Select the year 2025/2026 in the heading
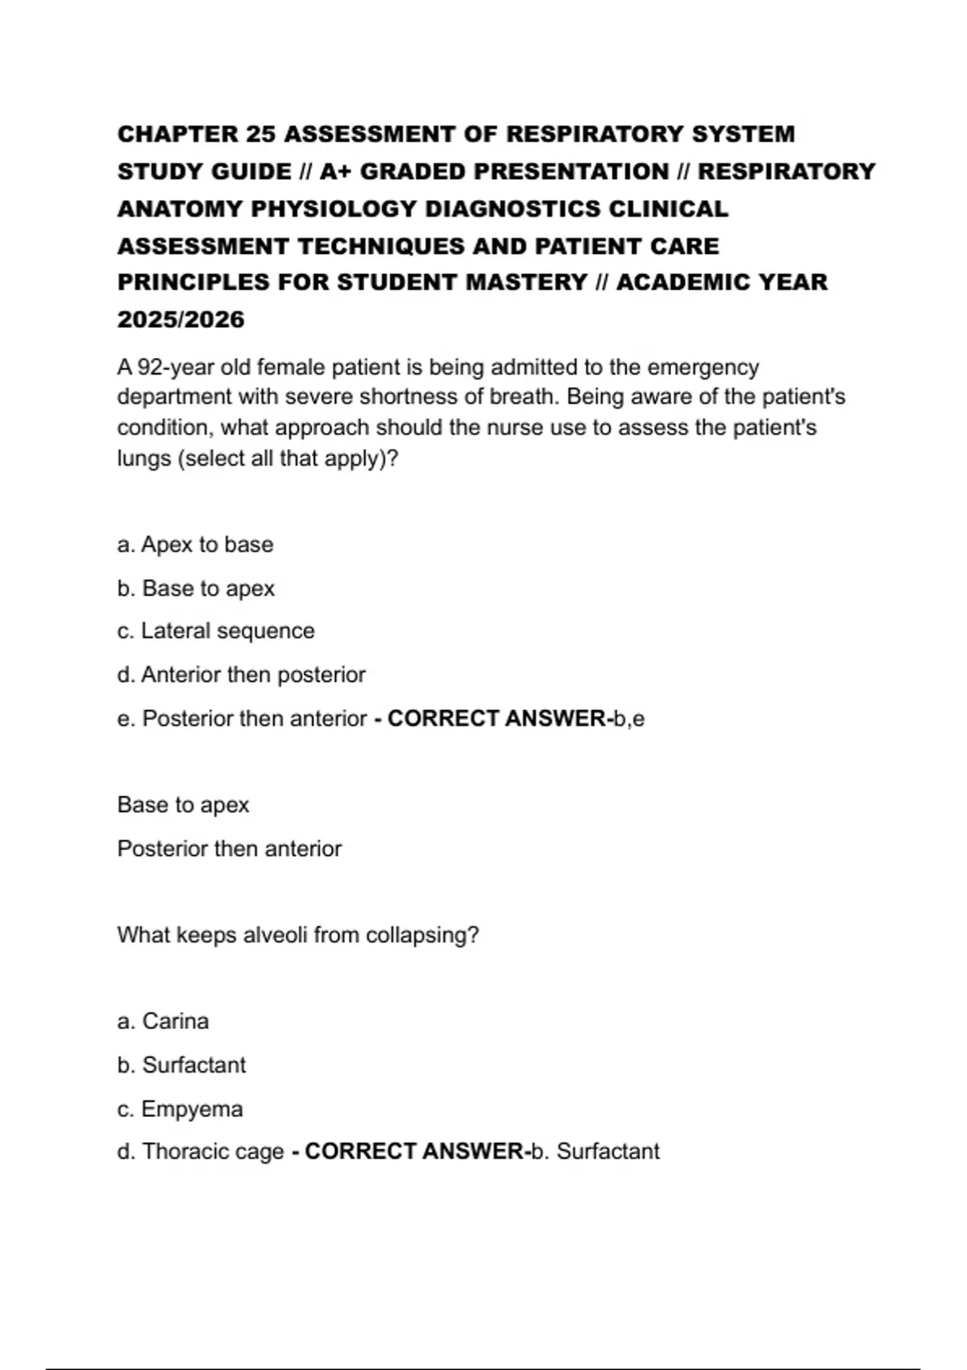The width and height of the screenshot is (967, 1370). coord(181,320)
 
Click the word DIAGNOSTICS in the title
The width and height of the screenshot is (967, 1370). coord(513,209)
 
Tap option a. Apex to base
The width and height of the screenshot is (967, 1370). coord(195,545)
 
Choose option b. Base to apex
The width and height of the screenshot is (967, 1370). coord(196,588)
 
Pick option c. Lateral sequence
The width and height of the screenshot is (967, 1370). coord(216,631)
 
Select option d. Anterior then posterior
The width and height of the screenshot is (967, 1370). coord(241,675)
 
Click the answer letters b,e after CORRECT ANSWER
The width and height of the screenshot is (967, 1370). coord(629,719)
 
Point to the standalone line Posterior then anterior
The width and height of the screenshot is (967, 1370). coord(229,849)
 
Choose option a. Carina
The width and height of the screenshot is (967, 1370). coord(163,1021)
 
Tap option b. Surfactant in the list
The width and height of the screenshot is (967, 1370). coord(181,1065)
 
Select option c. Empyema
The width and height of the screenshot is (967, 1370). coord(180,1109)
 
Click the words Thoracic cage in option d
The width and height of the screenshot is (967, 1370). coord(213,1152)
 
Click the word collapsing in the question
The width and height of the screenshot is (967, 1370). coord(421,935)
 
